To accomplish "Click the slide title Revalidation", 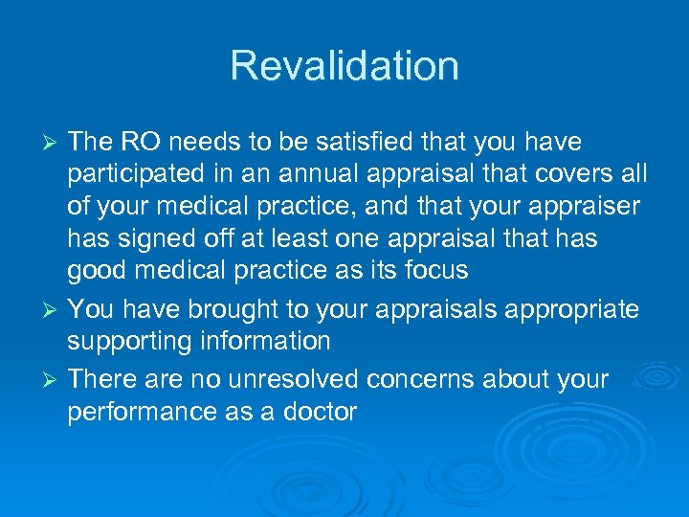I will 344,66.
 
